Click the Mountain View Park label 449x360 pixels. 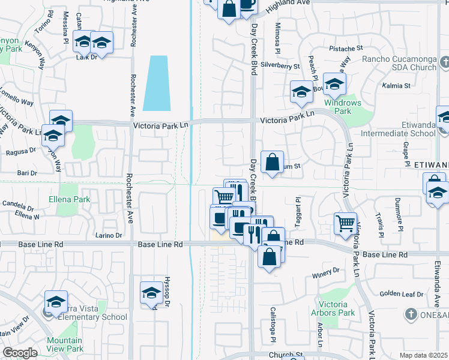pyautogui.click(x=64, y=344)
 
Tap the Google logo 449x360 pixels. pyautogui.click(x=20, y=353)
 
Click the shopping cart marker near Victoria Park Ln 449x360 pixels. pyautogui.click(x=345, y=223)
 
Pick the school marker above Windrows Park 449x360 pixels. pyautogui.click(x=334, y=83)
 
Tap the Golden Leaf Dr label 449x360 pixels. pyautogui.click(x=402, y=294)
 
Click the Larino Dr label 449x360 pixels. pyautogui.click(x=109, y=235)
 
